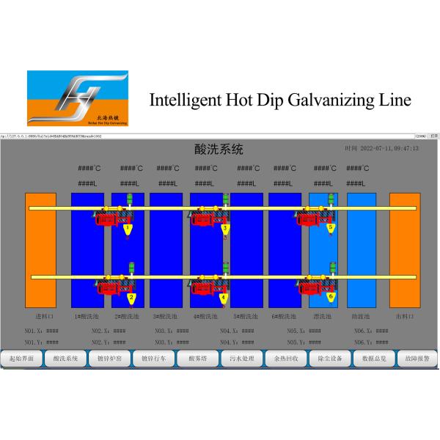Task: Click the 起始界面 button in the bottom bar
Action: coord(22,359)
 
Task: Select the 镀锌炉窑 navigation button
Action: coord(110,359)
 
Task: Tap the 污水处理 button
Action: coord(241,359)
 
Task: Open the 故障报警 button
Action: coord(417,359)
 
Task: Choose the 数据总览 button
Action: coord(373,359)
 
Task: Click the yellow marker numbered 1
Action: coord(128,230)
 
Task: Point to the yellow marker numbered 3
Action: coord(225,230)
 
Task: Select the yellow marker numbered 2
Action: coord(131,298)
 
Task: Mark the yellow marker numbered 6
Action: coord(331,298)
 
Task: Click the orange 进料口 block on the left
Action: coord(40,249)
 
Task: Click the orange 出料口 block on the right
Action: coord(404,249)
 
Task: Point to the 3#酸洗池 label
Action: coord(166,317)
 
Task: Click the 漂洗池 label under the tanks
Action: coord(323,317)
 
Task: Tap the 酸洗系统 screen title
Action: coord(219,150)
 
